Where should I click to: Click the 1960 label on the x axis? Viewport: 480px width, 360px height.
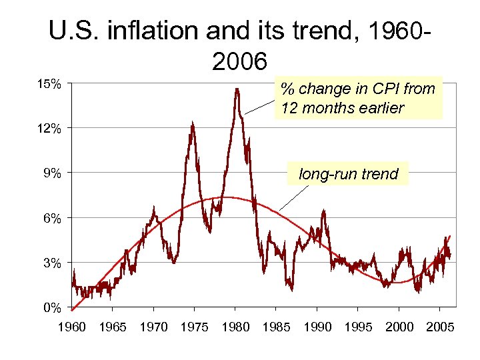point(72,327)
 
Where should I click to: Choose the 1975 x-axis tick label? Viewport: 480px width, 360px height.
point(194,327)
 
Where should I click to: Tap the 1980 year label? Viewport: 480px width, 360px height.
point(235,327)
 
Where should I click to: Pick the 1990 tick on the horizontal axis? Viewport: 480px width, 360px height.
point(317,327)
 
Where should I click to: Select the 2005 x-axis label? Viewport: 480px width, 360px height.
point(440,327)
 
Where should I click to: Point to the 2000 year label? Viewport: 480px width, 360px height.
point(399,327)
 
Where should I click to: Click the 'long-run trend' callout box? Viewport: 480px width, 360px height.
point(348,175)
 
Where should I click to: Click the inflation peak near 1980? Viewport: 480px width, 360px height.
point(237,89)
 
